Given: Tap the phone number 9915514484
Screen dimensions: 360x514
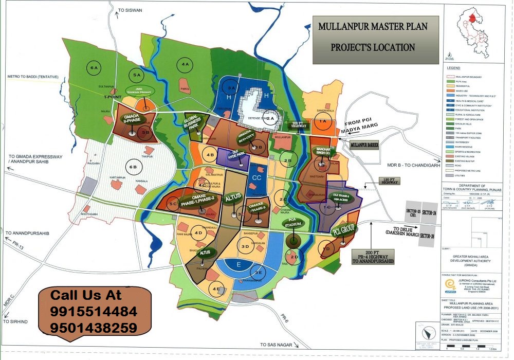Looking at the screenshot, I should click(94, 312).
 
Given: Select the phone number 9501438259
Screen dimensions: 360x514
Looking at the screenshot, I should click(94, 328).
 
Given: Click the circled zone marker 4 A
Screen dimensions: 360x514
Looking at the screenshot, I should click(185, 64).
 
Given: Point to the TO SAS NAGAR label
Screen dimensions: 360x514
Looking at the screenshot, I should click(279, 345).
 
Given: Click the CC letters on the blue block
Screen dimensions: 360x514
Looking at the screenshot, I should click(257, 177).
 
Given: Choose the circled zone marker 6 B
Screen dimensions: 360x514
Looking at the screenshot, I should click(135, 167).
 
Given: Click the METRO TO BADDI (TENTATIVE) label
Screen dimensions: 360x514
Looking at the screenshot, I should click(33, 77).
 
